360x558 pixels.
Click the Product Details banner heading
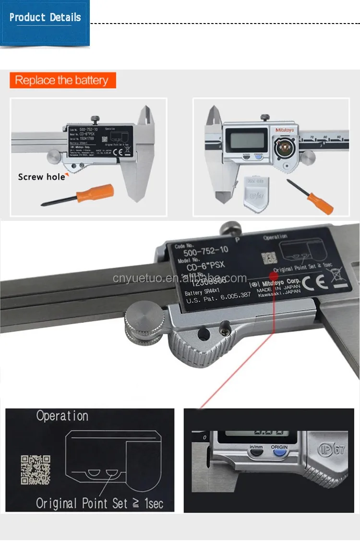(x=45, y=18)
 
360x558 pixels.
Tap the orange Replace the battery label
(x=62, y=80)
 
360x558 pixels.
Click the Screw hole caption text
(x=41, y=177)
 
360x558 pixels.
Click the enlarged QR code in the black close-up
(x=36, y=469)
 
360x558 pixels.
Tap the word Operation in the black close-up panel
(x=62, y=416)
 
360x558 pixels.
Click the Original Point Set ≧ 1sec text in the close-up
(x=100, y=503)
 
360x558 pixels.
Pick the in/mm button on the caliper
(x=255, y=448)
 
